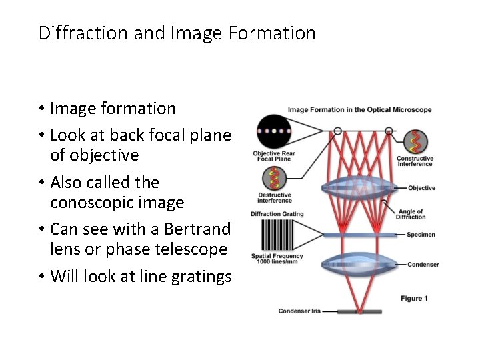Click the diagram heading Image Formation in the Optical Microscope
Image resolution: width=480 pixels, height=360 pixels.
click(x=359, y=110)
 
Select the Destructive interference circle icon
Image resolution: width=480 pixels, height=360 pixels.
click(x=274, y=178)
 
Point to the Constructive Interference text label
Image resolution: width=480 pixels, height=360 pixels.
click(x=415, y=161)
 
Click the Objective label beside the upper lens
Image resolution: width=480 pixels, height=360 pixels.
click(x=422, y=188)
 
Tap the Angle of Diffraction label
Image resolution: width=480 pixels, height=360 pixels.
click(x=410, y=214)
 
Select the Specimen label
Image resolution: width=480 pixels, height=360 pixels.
click(x=423, y=235)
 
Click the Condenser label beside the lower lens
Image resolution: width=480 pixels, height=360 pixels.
click(x=423, y=265)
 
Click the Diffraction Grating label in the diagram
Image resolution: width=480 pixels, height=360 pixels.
click(x=277, y=214)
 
